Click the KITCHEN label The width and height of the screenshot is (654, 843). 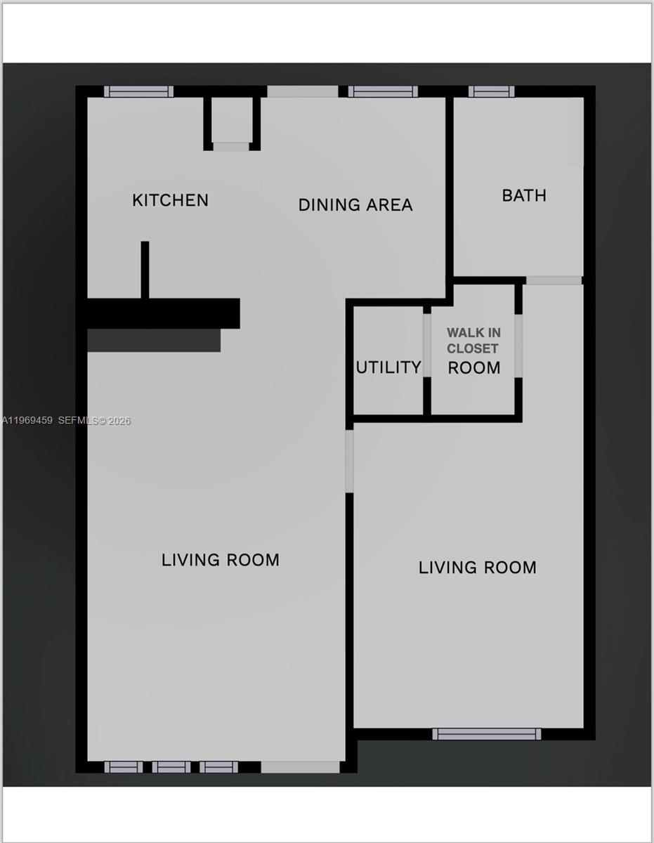coord(170,200)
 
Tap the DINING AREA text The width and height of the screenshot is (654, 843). coord(355,205)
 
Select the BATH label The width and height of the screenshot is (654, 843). coord(524,195)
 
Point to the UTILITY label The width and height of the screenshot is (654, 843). coord(388,367)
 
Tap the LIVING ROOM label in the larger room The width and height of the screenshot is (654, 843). coord(221,560)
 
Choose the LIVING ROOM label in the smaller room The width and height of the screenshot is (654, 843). coord(477,568)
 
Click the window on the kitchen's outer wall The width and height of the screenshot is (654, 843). coord(138,91)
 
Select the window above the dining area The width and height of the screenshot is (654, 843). coord(383,91)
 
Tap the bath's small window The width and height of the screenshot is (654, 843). coord(491,91)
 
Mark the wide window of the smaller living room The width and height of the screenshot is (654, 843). coord(486,734)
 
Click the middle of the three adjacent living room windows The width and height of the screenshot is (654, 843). coord(171,767)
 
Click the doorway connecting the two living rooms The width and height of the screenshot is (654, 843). coord(349,461)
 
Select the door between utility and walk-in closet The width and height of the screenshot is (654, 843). coord(427,345)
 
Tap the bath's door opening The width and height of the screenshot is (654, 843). coord(554,280)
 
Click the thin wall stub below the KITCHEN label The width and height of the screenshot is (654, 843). coord(145,270)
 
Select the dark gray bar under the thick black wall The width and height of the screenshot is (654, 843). coord(154,341)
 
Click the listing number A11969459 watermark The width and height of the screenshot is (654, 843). coord(28,421)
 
